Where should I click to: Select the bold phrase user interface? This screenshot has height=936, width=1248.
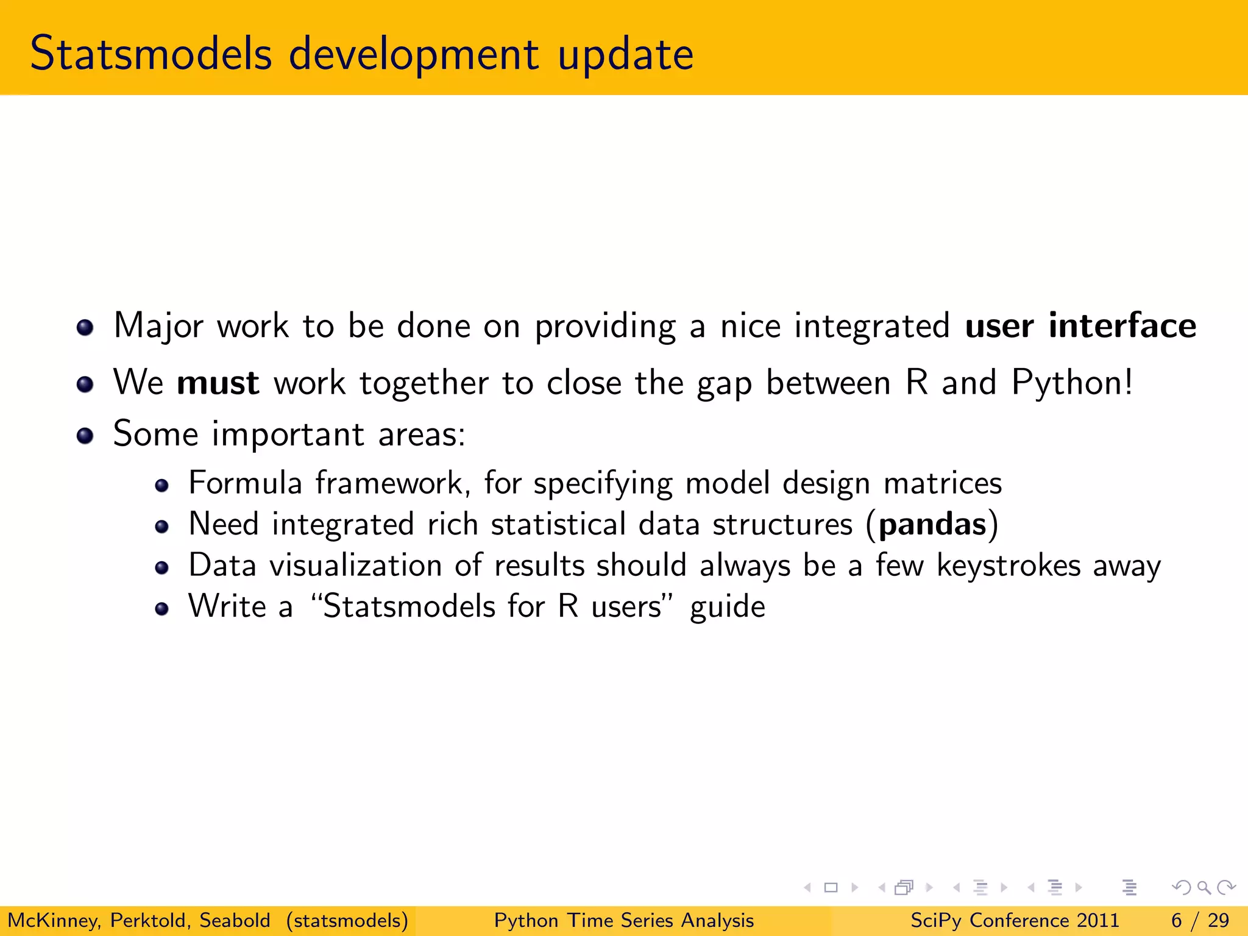[1080, 325]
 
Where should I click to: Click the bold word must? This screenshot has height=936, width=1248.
[218, 383]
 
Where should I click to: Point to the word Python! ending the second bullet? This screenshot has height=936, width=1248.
[1072, 384]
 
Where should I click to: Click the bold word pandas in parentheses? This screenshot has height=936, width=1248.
[932, 524]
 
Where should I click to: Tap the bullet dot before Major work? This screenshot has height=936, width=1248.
[85, 328]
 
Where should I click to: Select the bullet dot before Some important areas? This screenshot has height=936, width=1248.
[85, 436]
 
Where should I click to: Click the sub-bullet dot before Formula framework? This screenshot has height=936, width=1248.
[161, 486]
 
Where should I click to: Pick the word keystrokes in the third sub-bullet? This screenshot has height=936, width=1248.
[1009, 565]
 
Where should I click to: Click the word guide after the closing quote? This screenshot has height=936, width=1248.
[727, 608]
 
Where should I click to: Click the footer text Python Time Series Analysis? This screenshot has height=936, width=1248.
[623, 920]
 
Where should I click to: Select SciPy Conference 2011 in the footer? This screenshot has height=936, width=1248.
[1015, 920]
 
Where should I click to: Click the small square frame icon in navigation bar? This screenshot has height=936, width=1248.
[831, 888]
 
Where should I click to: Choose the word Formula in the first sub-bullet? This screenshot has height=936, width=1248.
[245, 483]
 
